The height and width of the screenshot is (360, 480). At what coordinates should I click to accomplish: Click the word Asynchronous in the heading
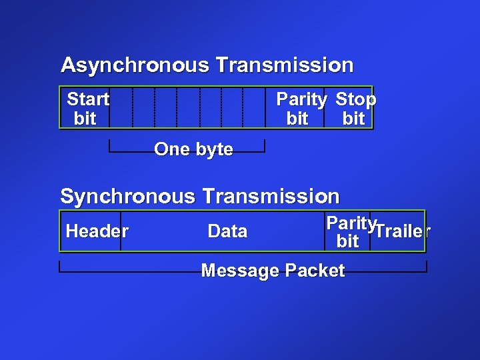pos(135,65)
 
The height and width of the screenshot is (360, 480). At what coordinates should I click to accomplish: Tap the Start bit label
pos(87,109)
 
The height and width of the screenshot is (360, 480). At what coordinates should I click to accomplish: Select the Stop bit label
pos(355,109)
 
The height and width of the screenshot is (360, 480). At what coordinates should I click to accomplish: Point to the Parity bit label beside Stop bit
pos(301,109)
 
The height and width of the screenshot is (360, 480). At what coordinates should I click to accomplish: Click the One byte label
pos(193,149)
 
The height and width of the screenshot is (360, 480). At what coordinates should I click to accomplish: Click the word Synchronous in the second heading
pos(128,197)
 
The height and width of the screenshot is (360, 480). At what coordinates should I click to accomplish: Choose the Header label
pos(97,231)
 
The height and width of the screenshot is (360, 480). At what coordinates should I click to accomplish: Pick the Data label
pos(227,231)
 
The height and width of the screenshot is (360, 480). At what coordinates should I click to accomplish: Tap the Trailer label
pos(402,231)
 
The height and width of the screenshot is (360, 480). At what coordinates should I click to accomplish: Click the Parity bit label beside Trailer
pos(350,232)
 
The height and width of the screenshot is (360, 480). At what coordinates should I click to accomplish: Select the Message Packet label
pos(273,271)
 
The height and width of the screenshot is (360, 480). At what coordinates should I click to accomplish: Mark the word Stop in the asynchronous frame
pos(355,99)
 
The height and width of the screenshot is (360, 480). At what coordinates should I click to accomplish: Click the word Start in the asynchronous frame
pos(88,99)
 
